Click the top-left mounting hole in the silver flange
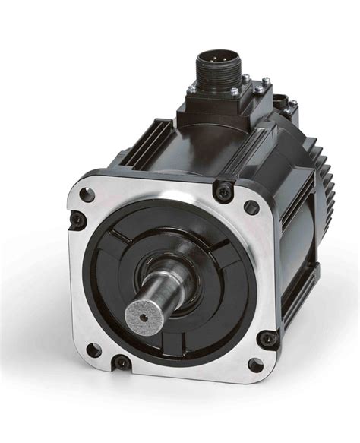pos(87,194)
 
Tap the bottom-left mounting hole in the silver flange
pos(93,350)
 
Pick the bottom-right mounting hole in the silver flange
pos(256,365)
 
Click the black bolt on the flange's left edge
pos(77,220)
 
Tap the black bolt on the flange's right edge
pos(267,338)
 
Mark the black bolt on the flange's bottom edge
pos(122,362)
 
